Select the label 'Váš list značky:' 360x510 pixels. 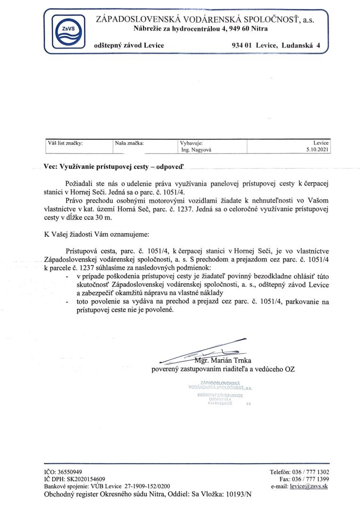66,142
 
